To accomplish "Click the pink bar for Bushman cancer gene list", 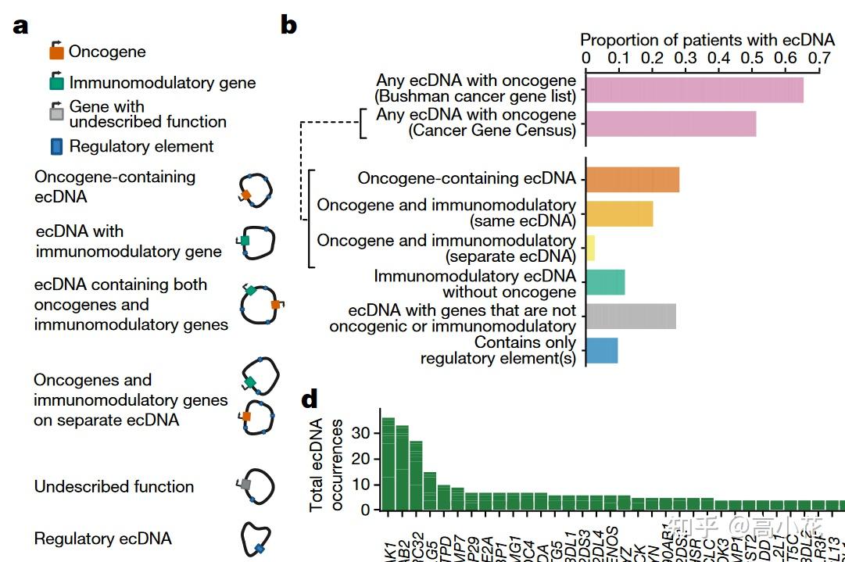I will pyautogui.click(x=694, y=89).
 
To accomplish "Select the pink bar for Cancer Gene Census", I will pyautogui.click(x=671, y=123).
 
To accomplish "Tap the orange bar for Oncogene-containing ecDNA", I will pyautogui.click(x=632, y=179).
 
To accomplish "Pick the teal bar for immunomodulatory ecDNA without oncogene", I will pyautogui.click(x=605, y=282).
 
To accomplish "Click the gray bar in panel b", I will pyautogui.click(x=631, y=317).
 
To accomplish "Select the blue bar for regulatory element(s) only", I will pyautogui.click(x=602, y=350).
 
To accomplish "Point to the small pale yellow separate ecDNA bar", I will pyautogui.click(x=590, y=248).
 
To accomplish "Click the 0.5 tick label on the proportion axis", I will pyautogui.click(x=753, y=57).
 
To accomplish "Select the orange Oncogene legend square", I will pyautogui.click(x=56, y=53).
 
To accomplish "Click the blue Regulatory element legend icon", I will pyautogui.click(x=56, y=146).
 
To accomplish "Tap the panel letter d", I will pyautogui.click(x=310, y=400).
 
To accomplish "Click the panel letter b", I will pyautogui.click(x=288, y=25).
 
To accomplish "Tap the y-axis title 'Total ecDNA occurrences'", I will pyautogui.click(x=326, y=465).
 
